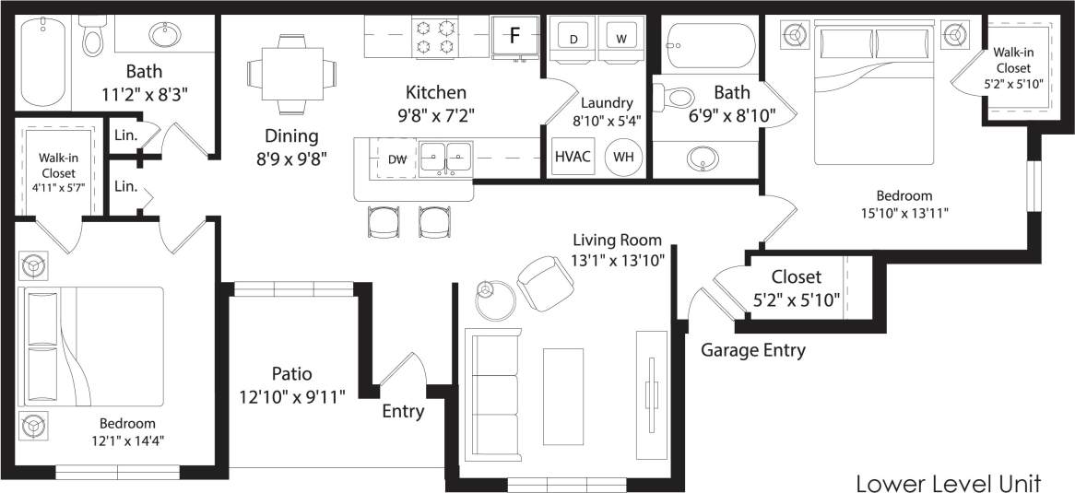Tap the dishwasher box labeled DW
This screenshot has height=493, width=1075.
click(x=397, y=159)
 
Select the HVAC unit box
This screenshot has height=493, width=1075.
click(x=573, y=156)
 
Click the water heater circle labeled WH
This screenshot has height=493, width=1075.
click(x=624, y=157)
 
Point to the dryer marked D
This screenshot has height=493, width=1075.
click(x=573, y=39)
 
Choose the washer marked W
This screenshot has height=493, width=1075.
click(x=621, y=39)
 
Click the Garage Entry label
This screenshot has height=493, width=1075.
click(x=753, y=350)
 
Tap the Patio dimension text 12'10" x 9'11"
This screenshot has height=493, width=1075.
click(x=291, y=397)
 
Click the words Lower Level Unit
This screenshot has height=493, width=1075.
click(x=949, y=483)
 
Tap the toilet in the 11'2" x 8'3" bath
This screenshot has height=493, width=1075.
click(x=93, y=37)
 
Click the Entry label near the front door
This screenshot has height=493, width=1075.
click(x=403, y=411)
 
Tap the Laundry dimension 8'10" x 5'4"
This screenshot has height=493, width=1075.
click(x=606, y=120)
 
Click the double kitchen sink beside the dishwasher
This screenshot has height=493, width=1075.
click(x=446, y=158)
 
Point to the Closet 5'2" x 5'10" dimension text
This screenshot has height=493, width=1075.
click(x=797, y=299)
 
